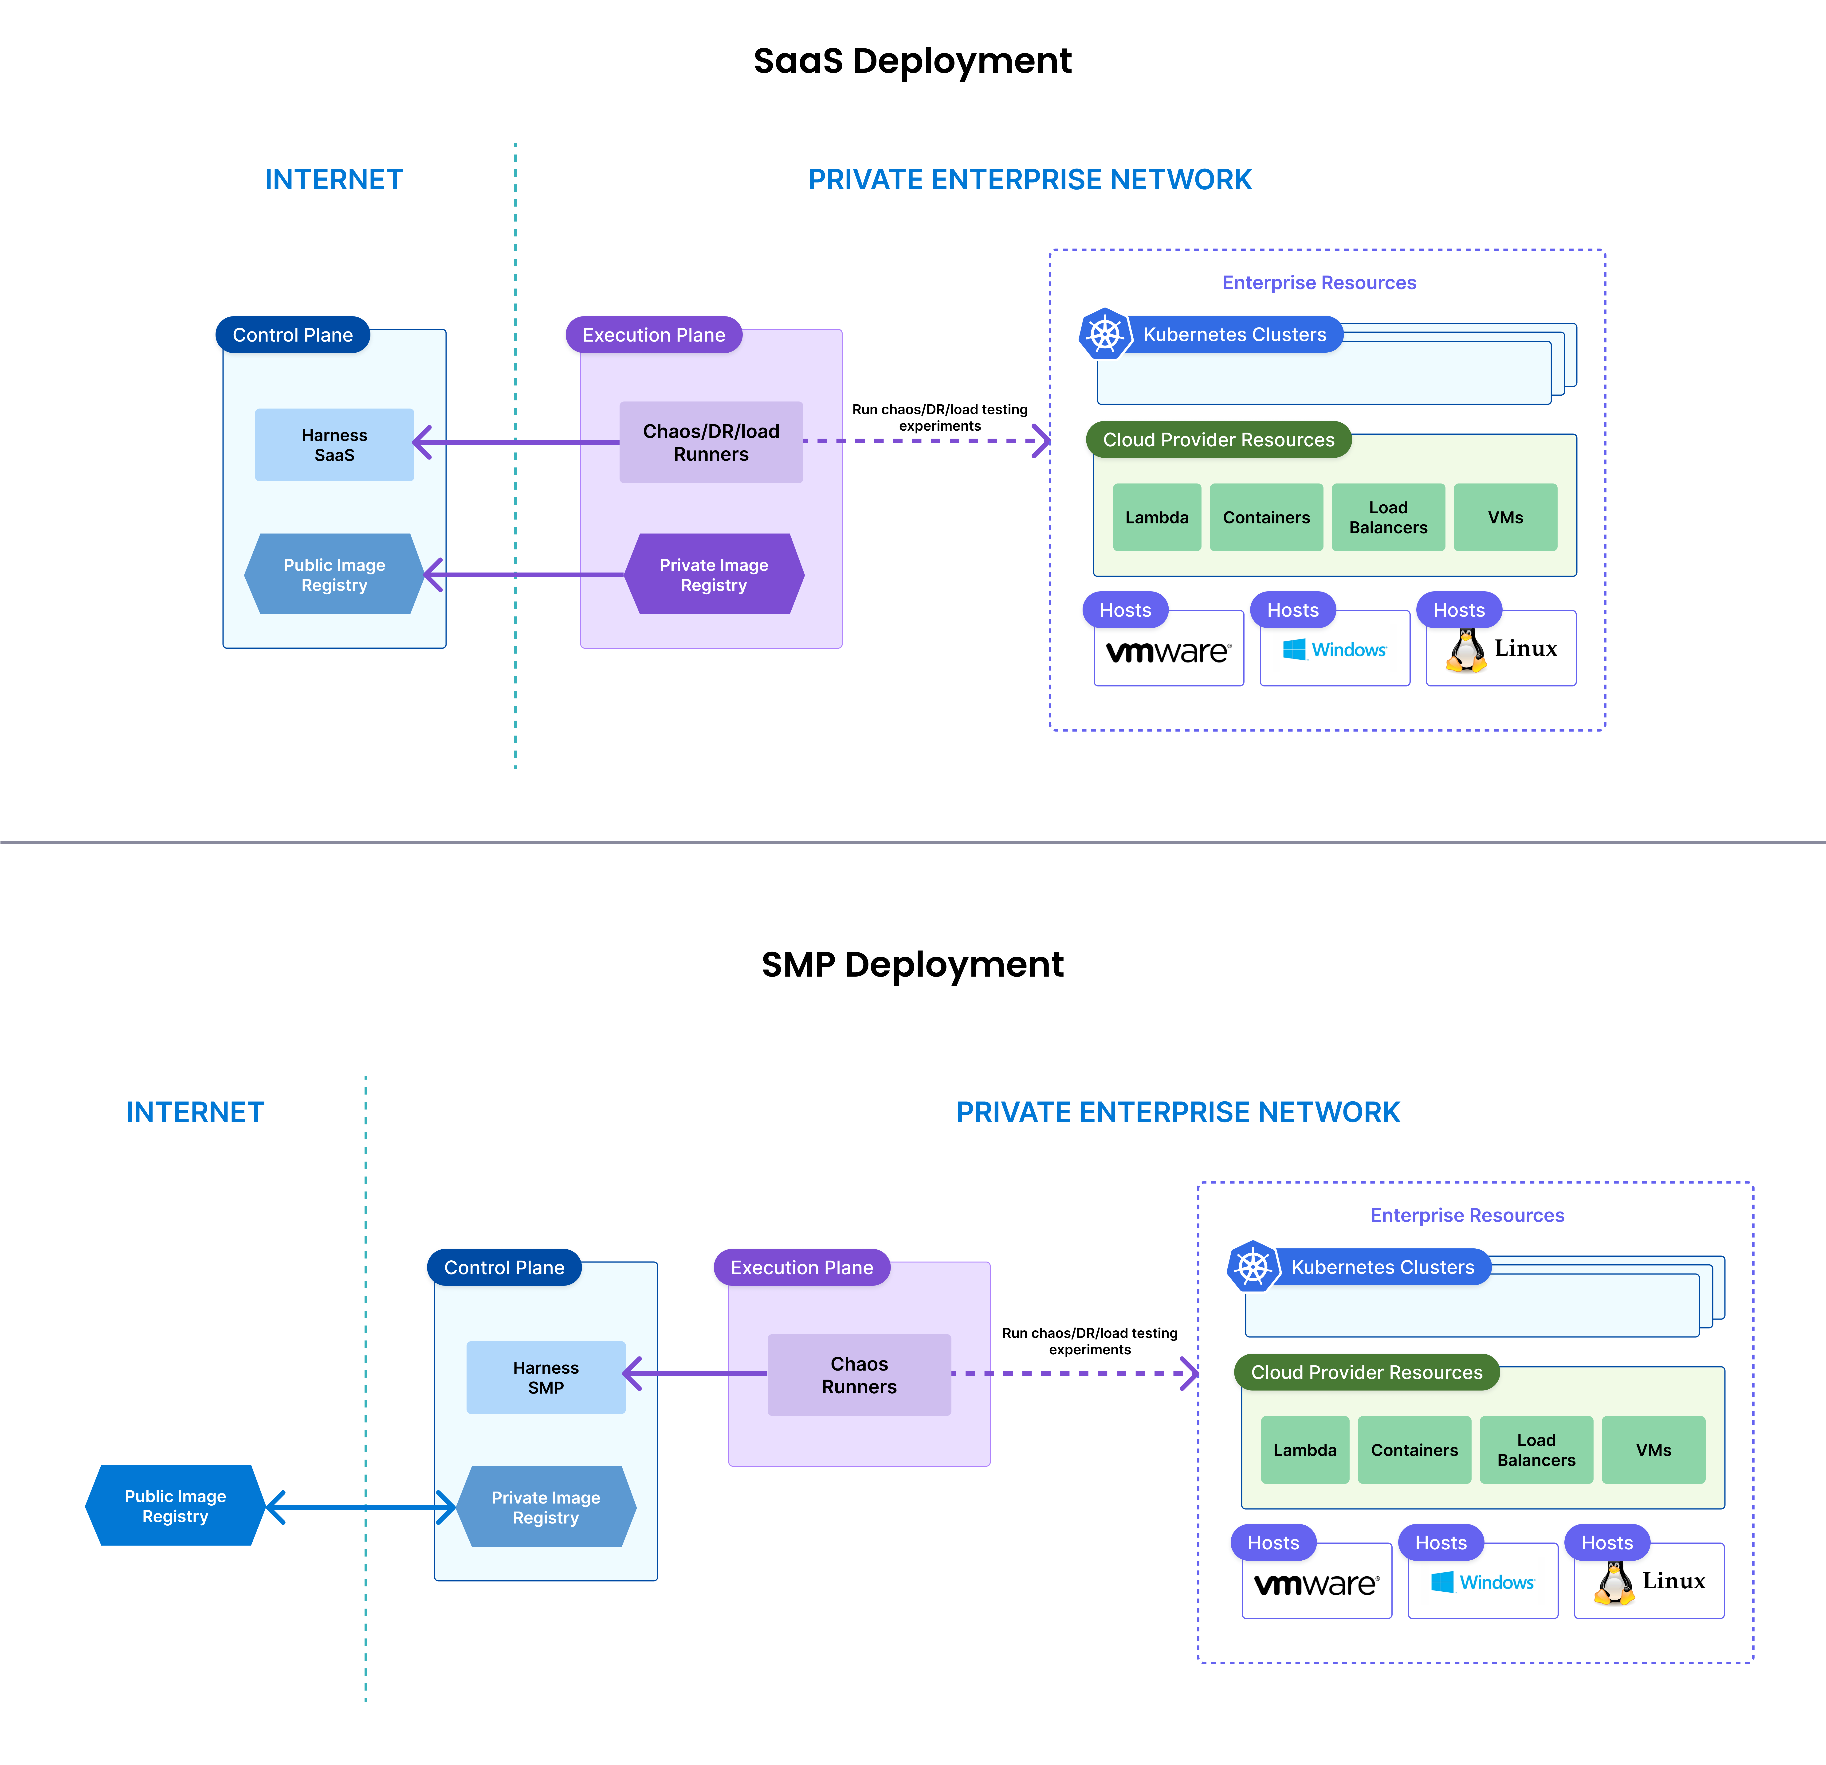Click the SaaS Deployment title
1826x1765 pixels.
point(912,62)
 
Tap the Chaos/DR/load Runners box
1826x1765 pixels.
point(711,442)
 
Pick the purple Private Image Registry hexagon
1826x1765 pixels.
point(714,575)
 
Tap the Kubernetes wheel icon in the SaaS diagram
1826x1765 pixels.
point(1105,333)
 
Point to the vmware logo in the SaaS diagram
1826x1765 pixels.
point(1168,651)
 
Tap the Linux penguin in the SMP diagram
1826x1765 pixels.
point(1614,1582)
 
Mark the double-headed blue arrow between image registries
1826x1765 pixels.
point(361,1507)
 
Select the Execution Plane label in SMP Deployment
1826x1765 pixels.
point(801,1268)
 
